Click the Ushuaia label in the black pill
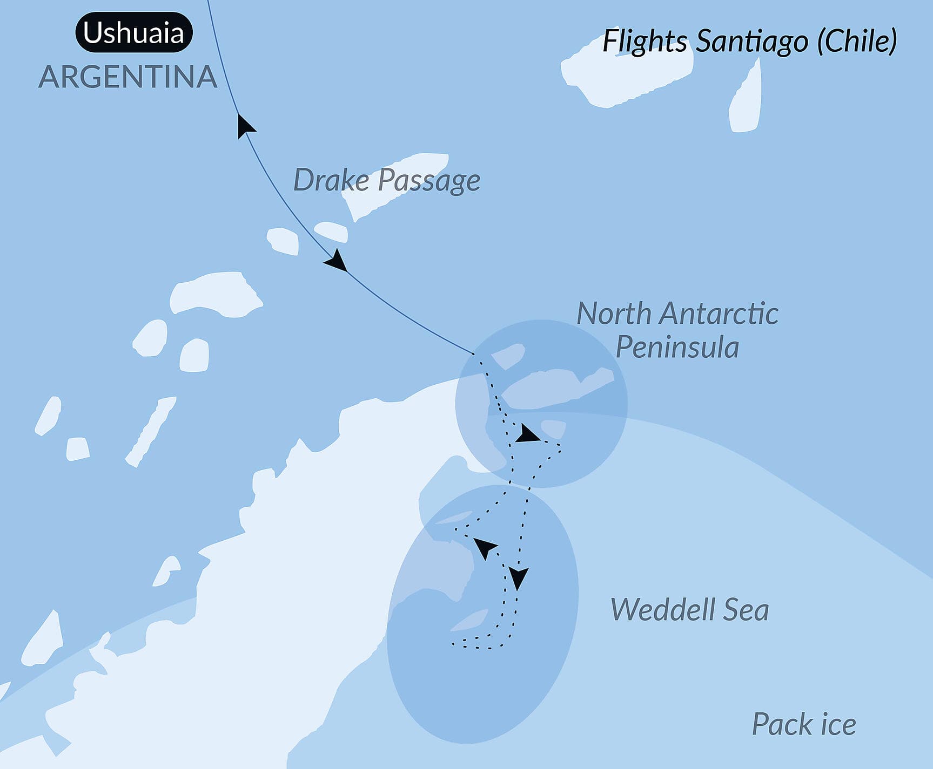click(133, 33)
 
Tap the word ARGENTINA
click(127, 77)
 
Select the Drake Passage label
click(386, 180)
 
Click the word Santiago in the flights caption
click(751, 42)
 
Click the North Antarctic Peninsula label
click(677, 330)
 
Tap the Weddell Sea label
click(689, 610)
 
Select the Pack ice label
click(804, 724)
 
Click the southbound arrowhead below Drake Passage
click(337, 261)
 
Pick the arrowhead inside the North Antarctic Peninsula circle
click(526, 435)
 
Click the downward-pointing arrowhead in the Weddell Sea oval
click(518, 578)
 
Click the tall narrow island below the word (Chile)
click(747, 100)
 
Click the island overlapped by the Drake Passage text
click(394, 183)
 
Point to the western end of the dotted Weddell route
click(453, 643)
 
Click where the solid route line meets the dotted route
click(474, 354)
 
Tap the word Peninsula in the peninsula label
click(677, 347)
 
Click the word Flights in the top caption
click(645, 42)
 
